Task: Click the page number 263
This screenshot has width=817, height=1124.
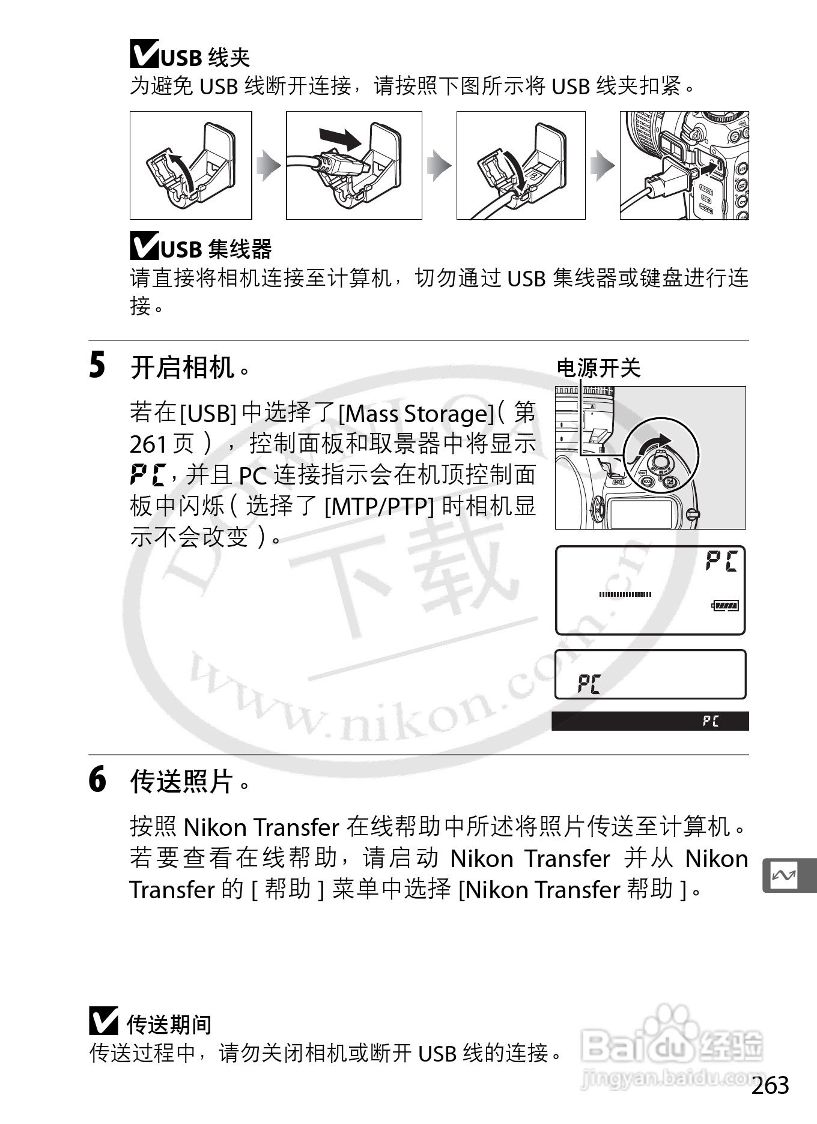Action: tap(770, 1086)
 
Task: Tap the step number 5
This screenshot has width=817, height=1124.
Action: tap(97, 366)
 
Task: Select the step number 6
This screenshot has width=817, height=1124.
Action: tap(97, 779)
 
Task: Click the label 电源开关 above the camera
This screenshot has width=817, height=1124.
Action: tap(598, 368)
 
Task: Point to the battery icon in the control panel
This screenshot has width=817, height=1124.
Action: tap(725, 605)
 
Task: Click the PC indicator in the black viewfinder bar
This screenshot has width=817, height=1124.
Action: tap(711, 721)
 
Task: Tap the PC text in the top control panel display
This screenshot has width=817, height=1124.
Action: tap(721, 561)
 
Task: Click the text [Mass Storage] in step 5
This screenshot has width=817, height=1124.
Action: tap(416, 414)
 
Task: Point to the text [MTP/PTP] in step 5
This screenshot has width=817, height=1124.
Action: tap(379, 506)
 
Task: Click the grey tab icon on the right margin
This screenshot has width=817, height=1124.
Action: tap(789, 876)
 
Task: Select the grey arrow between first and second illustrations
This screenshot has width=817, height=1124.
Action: tap(269, 166)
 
